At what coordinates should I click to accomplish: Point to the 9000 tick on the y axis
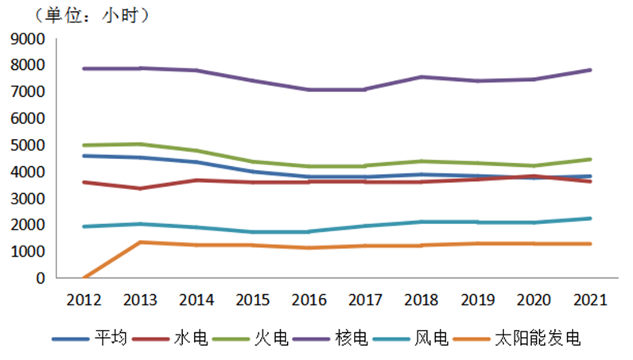coord(29,39)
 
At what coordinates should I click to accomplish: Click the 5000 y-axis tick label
coord(29,145)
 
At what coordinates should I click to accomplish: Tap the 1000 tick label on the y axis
coord(29,252)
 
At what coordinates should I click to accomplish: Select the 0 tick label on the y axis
coord(40,278)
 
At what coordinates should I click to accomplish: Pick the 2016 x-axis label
coord(310,300)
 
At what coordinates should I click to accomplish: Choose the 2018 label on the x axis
coord(421,300)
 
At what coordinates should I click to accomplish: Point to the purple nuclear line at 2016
coord(310,90)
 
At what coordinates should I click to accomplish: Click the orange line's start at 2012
coord(83,277)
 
